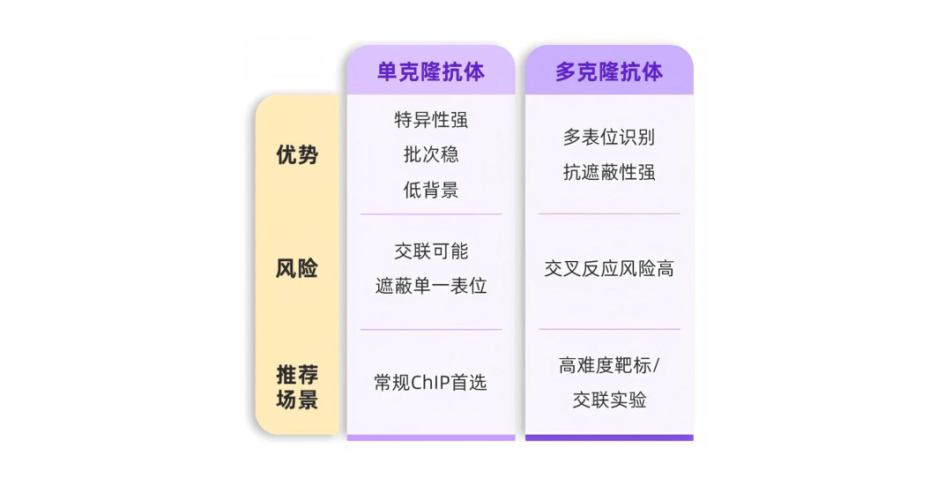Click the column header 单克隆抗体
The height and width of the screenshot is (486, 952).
(x=430, y=71)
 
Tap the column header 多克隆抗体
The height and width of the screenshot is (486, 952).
(x=608, y=71)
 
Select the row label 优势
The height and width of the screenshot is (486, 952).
(x=297, y=155)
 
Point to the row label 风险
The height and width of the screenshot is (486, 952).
(x=297, y=268)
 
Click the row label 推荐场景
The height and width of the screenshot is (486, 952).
(x=297, y=386)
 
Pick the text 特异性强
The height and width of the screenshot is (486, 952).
(x=430, y=120)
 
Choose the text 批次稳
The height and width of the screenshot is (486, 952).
(x=430, y=154)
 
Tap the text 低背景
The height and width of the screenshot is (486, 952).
(x=430, y=189)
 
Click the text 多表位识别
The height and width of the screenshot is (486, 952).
(x=608, y=138)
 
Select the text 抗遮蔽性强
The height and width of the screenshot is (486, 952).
(x=608, y=172)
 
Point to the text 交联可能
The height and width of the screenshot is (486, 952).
(x=430, y=250)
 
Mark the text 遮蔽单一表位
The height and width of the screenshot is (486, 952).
(x=430, y=286)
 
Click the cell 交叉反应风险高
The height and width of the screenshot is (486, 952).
(x=608, y=268)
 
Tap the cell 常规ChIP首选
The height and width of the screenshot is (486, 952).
(x=430, y=382)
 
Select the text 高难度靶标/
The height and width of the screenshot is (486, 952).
(x=608, y=365)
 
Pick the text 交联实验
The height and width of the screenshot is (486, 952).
(x=608, y=400)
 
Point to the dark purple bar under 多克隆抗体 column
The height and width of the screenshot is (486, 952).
(x=608, y=437)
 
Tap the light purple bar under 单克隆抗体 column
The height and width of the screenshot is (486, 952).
(x=430, y=437)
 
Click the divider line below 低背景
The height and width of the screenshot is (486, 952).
(x=430, y=214)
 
